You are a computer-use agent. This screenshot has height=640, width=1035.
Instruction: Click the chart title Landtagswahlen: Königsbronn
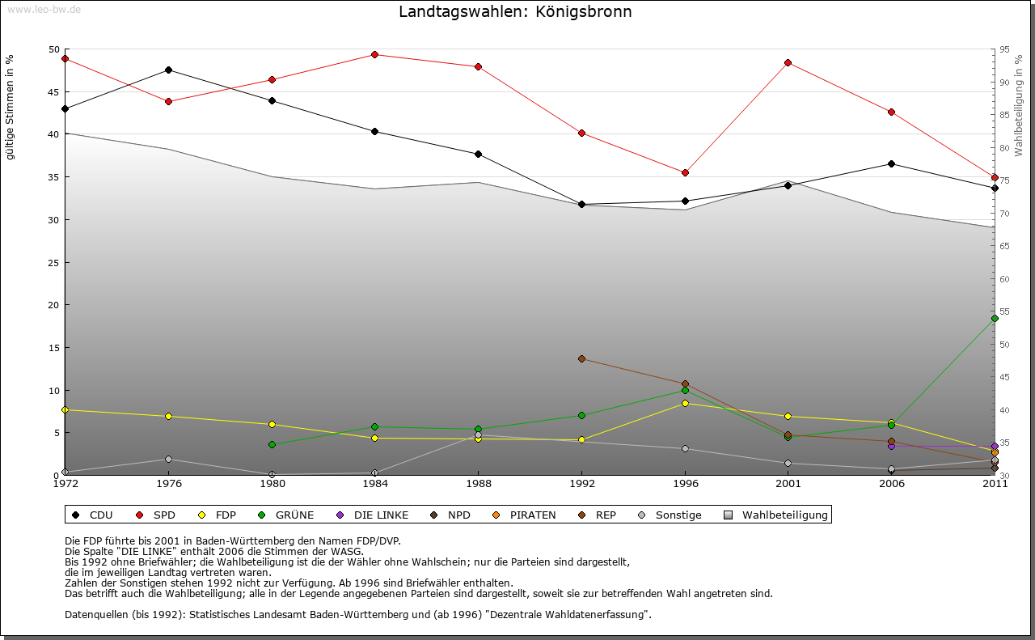[x=515, y=12]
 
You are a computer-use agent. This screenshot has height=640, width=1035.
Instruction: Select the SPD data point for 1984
[x=374, y=54]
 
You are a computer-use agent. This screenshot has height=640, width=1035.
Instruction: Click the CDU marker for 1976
[x=168, y=70]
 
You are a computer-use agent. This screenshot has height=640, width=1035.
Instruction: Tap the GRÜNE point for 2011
[x=995, y=318]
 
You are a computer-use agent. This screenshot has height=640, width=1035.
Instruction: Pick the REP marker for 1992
[x=581, y=358]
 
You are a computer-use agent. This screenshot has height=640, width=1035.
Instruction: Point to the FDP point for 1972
[x=65, y=409]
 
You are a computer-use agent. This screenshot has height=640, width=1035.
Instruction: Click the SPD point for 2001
[x=788, y=62]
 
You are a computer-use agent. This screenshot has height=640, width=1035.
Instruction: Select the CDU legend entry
[x=93, y=515]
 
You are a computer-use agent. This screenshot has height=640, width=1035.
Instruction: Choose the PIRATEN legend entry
[x=525, y=515]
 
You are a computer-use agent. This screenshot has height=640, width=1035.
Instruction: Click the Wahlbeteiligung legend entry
[x=776, y=515]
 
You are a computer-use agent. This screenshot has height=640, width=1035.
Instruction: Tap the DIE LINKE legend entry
[x=373, y=515]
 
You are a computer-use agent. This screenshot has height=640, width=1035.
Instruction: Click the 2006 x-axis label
[x=891, y=484]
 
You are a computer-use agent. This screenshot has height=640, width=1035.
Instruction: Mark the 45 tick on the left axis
[x=54, y=91]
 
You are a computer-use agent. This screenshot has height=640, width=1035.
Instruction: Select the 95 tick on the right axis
[x=1005, y=49]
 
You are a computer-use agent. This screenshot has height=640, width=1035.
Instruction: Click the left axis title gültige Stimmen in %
[x=11, y=107]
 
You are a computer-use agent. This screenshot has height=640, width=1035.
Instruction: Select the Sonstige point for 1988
[x=478, y=434]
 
